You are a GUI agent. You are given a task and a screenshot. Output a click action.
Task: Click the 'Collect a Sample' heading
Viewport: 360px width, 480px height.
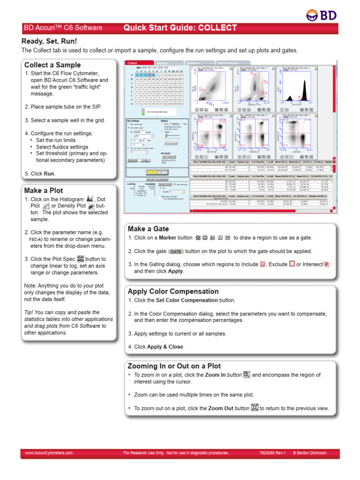[x=52, y=65]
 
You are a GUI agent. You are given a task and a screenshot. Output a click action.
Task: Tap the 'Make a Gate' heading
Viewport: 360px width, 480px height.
[x=148, y=229]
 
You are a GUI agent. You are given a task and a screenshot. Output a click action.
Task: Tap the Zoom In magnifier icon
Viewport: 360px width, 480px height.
[x=247, y=375]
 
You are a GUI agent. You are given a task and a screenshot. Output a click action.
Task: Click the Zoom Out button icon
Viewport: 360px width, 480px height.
[x=255, y=408]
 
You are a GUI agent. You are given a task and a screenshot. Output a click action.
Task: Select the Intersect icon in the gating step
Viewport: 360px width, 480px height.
[x=327, y=264]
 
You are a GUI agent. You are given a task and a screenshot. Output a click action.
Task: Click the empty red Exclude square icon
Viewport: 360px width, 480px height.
[x=292, y=264]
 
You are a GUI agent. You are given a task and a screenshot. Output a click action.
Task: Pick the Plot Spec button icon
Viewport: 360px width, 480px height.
[x=80, y=258]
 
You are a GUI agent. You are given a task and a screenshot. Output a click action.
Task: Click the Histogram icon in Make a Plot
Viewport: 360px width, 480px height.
[x=90, y=199]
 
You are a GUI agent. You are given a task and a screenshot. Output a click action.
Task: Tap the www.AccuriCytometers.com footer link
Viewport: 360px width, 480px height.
[x=49, y=453]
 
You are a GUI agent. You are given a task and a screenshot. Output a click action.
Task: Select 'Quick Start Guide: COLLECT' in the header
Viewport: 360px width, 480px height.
[x=180, y=28]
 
